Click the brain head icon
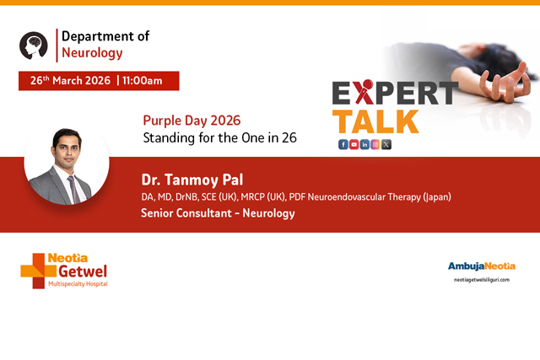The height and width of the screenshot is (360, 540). click(34, 46)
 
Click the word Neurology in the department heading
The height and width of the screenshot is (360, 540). click(92, 52)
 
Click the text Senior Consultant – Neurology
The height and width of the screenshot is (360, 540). click(218, 214)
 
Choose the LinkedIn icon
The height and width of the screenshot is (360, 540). click(364, 144)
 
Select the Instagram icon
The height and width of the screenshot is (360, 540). click(375, 144)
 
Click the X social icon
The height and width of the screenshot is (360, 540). click(386, 144)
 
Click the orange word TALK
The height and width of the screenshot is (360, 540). click(375, 121)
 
